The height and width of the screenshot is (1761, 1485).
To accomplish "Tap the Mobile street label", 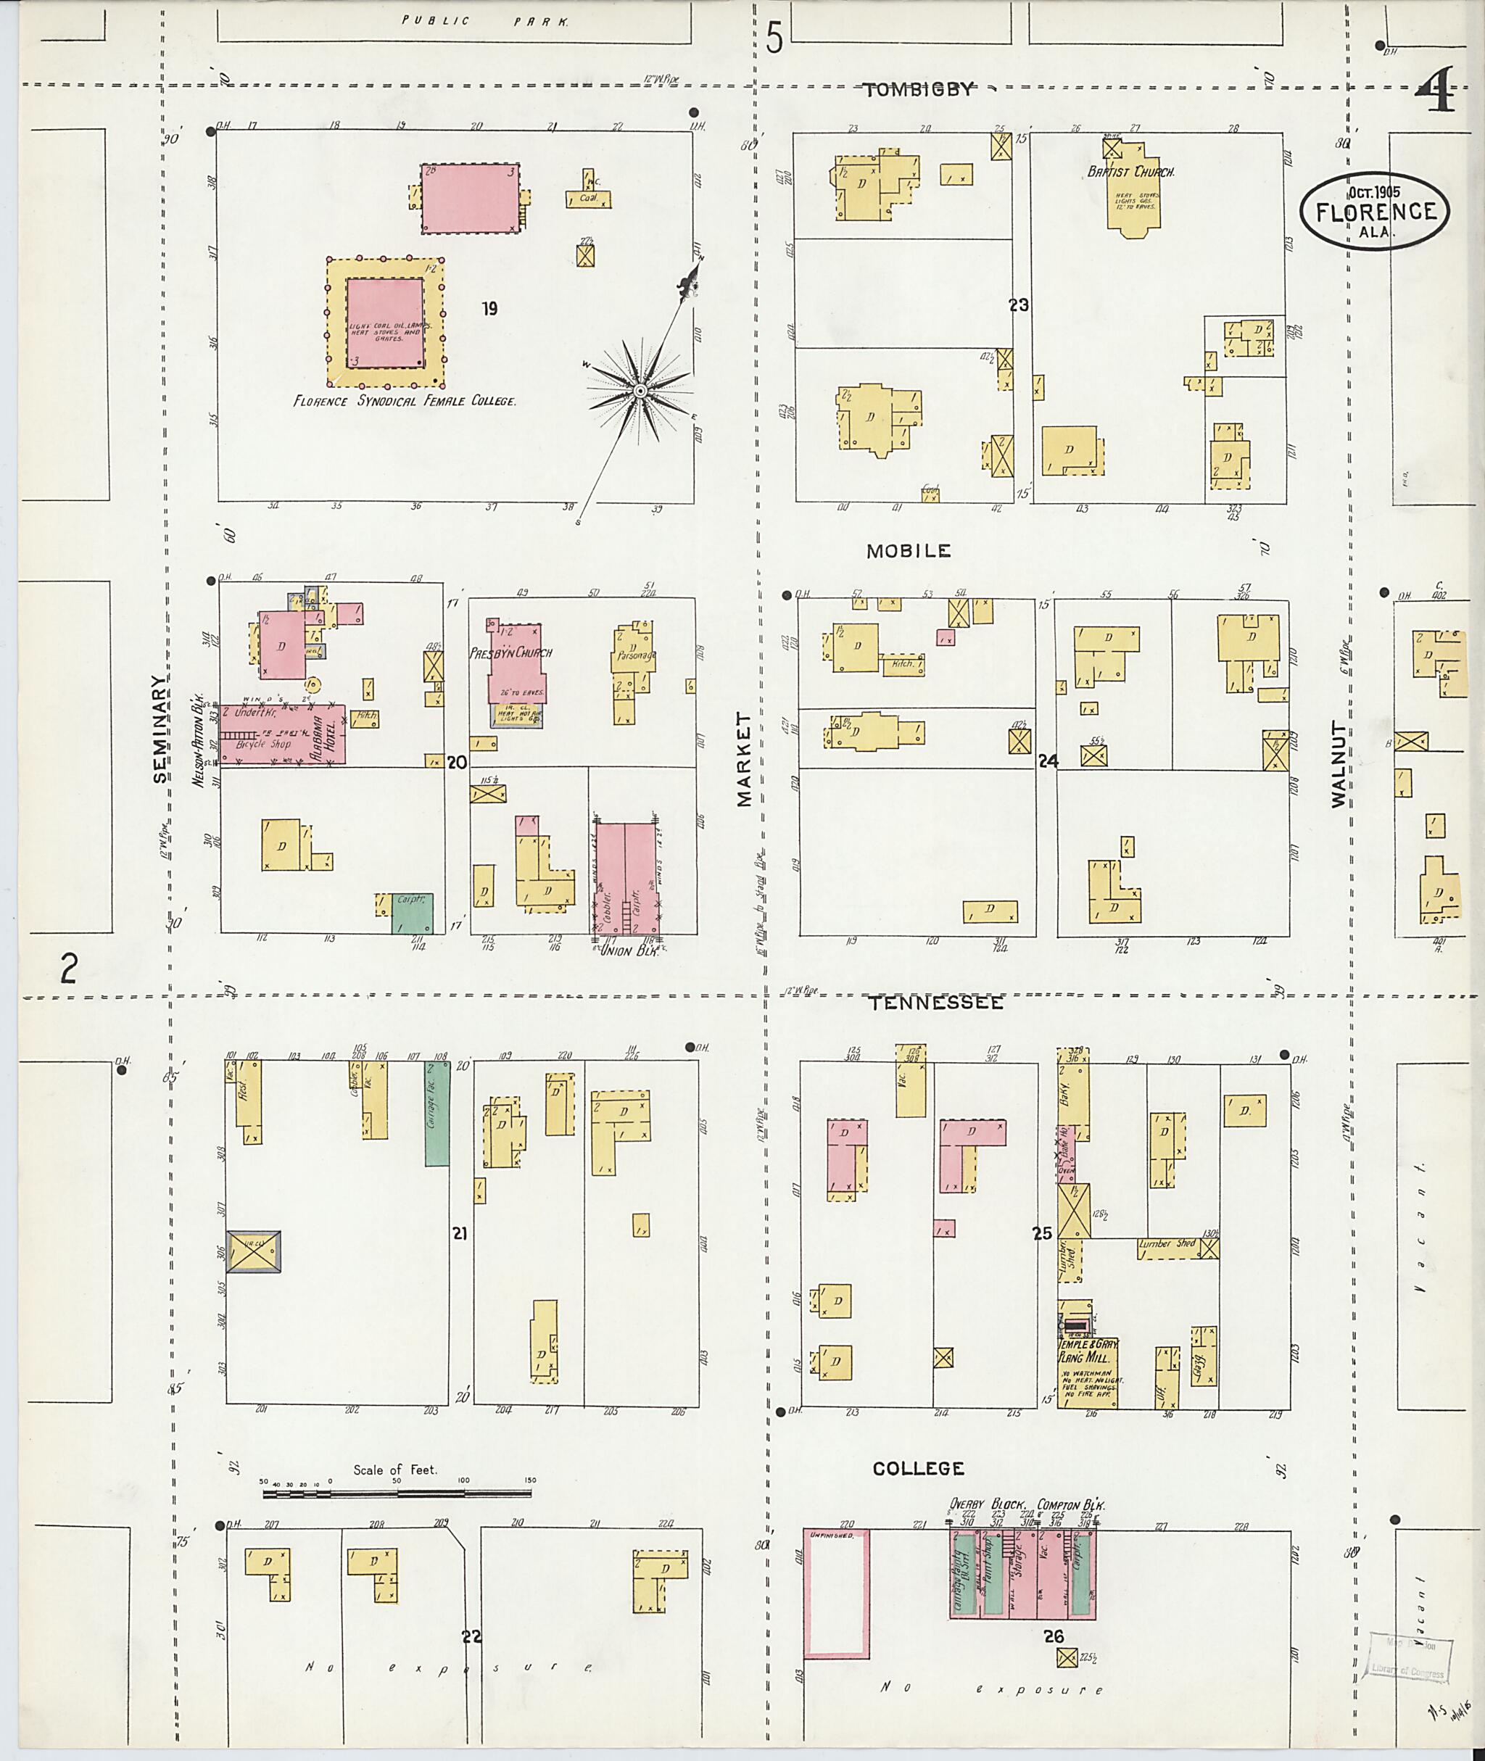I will pos(909,552).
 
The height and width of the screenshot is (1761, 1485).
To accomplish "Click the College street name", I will pos(917,1468).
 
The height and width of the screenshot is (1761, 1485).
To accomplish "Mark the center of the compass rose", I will pos(640,391).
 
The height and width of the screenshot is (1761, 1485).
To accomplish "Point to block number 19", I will pos(489,309).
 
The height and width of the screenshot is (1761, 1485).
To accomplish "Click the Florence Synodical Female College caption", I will pos(404,402).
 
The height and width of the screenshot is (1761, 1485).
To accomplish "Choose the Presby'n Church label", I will pos(511,652).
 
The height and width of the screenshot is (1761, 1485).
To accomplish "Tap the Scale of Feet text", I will pos(395,1470).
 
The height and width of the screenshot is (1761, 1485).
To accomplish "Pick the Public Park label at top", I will pos(485,22).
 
